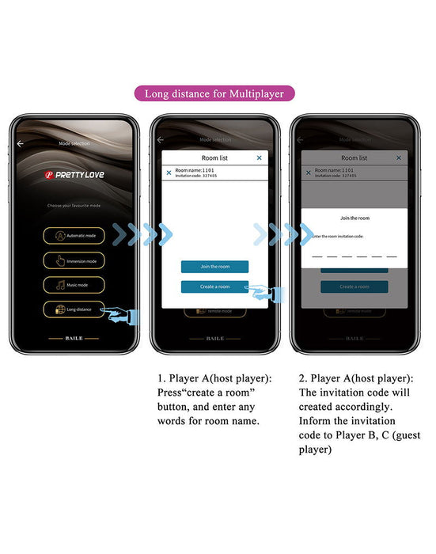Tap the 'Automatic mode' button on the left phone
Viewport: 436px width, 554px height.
(x=74, y=235)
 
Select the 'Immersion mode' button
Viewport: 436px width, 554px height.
(x=74, y=260)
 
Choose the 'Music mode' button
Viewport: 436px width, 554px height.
(x=74, y=285)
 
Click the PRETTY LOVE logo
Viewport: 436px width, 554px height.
(x=74, y=173)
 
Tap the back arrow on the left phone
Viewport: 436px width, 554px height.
(x=21, y=143)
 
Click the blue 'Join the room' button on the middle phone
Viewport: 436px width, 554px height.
(x=214, y=267)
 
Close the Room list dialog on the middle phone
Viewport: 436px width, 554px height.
(x=259, y=158)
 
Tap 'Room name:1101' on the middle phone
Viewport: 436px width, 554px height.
(x=195, y=170)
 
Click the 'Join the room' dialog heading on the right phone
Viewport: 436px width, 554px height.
(x=354, y=218)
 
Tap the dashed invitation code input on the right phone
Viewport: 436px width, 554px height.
(x=354, y=256)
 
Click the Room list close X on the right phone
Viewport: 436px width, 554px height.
(x=398, y=158)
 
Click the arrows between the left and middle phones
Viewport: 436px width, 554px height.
(x=142, y=233)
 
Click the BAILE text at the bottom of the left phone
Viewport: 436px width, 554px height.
(x=74, y=338)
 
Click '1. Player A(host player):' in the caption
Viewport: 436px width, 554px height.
(x=214, y=379)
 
